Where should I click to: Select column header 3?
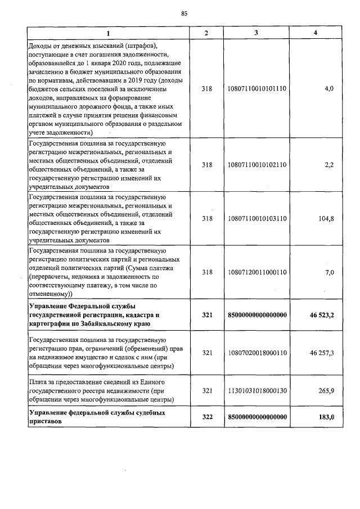[x=256, y=33]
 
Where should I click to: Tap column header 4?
[x=315, y=33]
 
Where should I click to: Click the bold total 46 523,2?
[x=322, y=315]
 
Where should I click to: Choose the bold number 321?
[x=206, y=315]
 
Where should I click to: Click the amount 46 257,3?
[x=322, y=353]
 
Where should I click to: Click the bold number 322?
[x=206, y=417]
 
